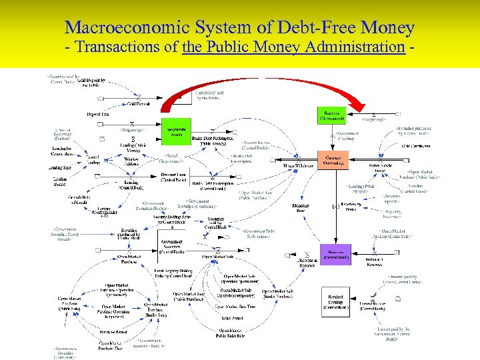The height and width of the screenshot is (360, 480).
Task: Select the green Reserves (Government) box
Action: (x=331, y=115)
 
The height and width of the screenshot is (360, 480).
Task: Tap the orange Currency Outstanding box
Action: (x=332, y=159)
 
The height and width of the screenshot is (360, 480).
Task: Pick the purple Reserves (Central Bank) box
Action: (x=335, y=253)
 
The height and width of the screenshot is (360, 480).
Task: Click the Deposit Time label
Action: (x=98, y=115)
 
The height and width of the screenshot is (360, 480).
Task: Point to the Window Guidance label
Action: (x=132, y=162)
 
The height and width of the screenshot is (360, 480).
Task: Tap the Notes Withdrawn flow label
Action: (x=299, y=165)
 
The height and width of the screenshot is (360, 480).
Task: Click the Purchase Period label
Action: (x=113, y=332)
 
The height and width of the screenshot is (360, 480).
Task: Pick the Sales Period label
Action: (x=231, y=319)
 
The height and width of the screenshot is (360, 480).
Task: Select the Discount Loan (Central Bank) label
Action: (x=173, y=178)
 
